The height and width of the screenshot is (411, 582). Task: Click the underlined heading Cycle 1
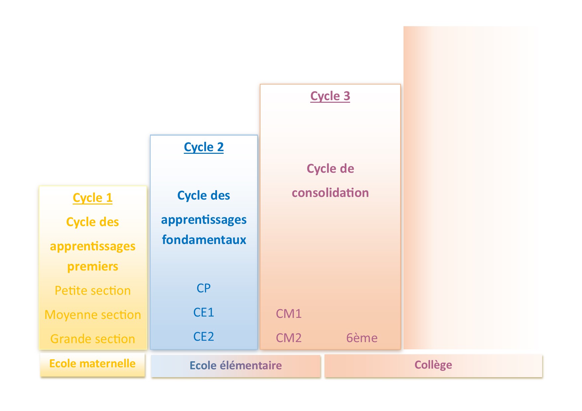pyautogui.click(x=93, y=198)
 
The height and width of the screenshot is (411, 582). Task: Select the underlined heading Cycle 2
pyautogui.click(x=204, y=147)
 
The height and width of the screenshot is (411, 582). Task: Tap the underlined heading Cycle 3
pyautogui.click(x=330, y=96)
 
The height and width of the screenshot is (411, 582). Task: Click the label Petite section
pyautogui.click(x=93, y=290)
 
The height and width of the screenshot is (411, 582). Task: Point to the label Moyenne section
pyautogui.click(x=93, y=315)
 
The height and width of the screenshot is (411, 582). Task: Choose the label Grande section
pyautogui.click(x=93, y=339)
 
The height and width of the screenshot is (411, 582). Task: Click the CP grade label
pyautogui.click(x=203, y=288)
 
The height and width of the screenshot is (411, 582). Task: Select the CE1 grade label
pyautogui.click(x=203, y=312)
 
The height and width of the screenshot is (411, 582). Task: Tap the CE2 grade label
pyautogui.click(x=203, y=336)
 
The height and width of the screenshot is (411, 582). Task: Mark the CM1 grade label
pyautogui.click(x=289, y=314)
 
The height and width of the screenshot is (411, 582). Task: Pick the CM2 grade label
pyautogui.click(x=289, y=338)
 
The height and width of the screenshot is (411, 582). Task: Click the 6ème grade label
pyautogui.click(x=362, y=338)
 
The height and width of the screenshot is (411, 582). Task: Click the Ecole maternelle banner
pyautogui.click(x=92, y=364)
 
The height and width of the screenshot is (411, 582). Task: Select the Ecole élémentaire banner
pyautogui.click(x=236, y=366)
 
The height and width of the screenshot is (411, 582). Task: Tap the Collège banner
pyautogui.click(x=433, y=365)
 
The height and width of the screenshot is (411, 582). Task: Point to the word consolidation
pyautogui.click(x=330, y=193)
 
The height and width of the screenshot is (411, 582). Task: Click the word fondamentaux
pyautogui.click(x=204, y=240)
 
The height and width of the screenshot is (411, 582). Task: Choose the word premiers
pyautogui.click(x=93, y=266)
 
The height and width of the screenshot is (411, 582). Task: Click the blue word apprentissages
pyautogui.click(x=204, y=220)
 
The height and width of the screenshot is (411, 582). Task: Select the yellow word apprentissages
pyautogui.click(x=93, y=246)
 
